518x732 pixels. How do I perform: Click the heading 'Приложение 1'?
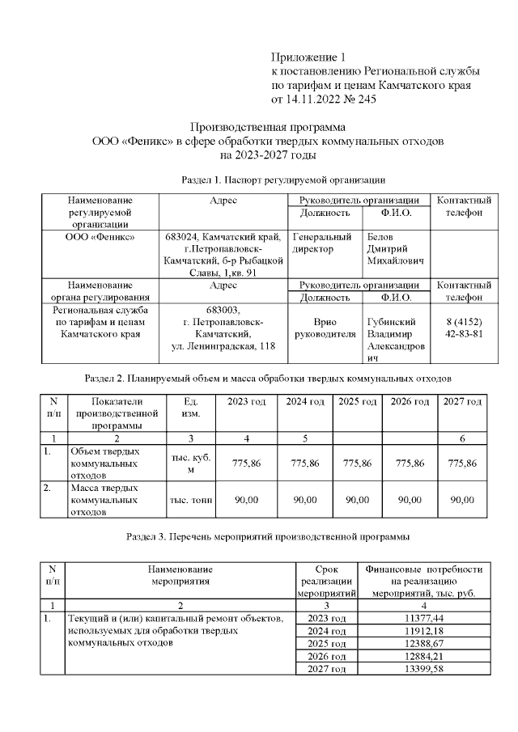[x=308, y=57]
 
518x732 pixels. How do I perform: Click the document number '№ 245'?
[x=359, y=99]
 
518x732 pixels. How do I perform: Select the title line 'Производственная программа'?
[x=267, y=127]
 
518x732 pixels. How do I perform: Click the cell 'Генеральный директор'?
[x=322, y=243]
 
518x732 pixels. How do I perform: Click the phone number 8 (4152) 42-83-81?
[x=465, y=327]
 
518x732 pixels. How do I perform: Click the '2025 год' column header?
[x=357, y=402]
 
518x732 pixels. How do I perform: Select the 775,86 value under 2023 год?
[x=247, y=463]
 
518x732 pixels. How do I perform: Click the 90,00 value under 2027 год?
[x=462, y=500]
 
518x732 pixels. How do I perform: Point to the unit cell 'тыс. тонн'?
[x=190, y=501]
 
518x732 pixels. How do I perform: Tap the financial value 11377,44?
[x=427, y=618]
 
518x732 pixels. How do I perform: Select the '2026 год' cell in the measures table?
[x=327, y=656]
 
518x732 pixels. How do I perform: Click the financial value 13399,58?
[x=427, y=669]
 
